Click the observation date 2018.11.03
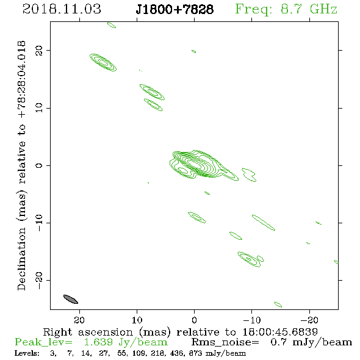(x=62, y=9)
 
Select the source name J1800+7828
(x=175, y=9)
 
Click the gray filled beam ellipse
(x=71, y=299)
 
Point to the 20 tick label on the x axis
(x=79, y=320)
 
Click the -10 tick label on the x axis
(x=252, y=320)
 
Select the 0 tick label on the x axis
(x=194, y=320)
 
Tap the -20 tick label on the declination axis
(x=39, y=280)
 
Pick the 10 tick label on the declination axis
(x=39, y=108)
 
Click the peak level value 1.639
(x=98, y=342)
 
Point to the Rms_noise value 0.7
(x=279, y=342)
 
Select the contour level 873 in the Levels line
(x=196, y=353)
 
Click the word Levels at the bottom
(x=27, y=353)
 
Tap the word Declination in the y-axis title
(x=21, y=259)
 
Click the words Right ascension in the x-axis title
(x=88, y=332)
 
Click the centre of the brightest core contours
(x=194, y=164)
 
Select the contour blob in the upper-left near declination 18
(x=103, y=62)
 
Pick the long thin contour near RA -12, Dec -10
(x=264, y=223)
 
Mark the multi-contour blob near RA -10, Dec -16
(x=251, y=259)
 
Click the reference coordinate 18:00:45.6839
(x=280, y=332)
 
